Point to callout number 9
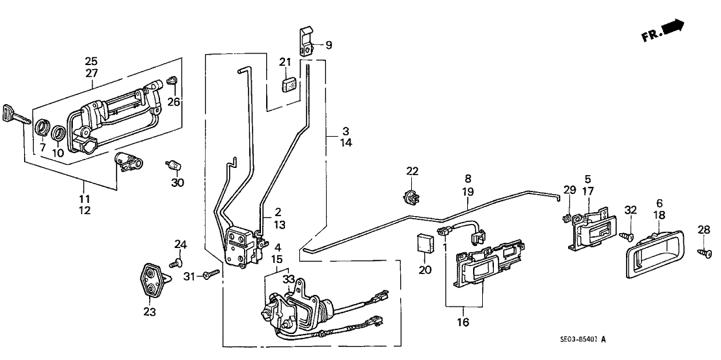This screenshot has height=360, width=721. (x=329, y=45)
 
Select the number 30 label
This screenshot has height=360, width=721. (x=178, y=182)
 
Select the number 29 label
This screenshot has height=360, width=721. (x=569, y=189)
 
